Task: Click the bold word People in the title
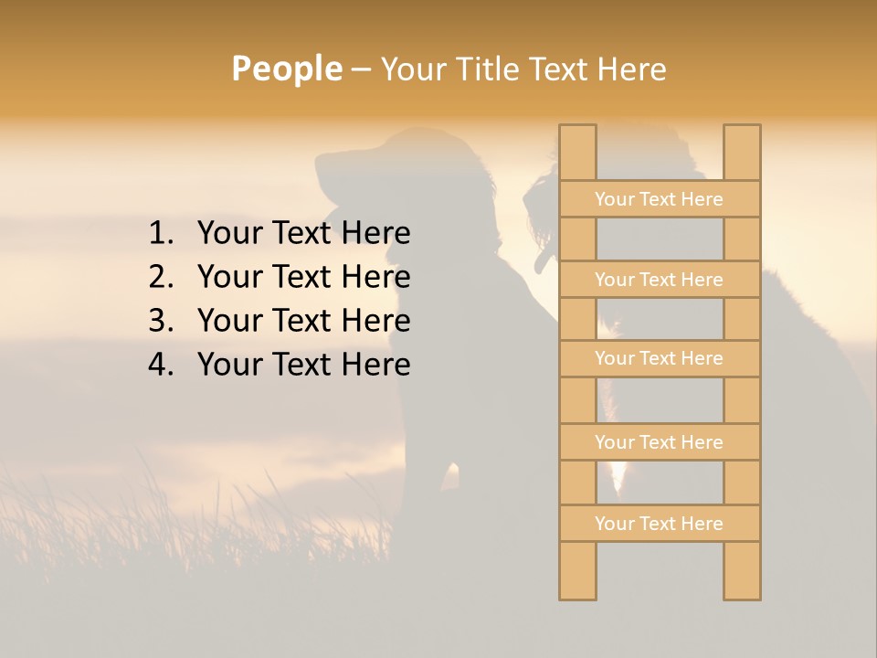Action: pos(286,69)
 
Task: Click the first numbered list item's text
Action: pos(303,234)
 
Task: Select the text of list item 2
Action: pos(303,277)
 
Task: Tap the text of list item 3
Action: pos(303,321)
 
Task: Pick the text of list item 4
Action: pos(303,365)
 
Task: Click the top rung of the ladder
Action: pos(659,199)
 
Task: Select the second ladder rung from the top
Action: pos(659,280)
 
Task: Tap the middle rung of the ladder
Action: pos(659,358)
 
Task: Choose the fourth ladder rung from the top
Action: pos(659,442)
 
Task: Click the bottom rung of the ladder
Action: pos(659,524)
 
